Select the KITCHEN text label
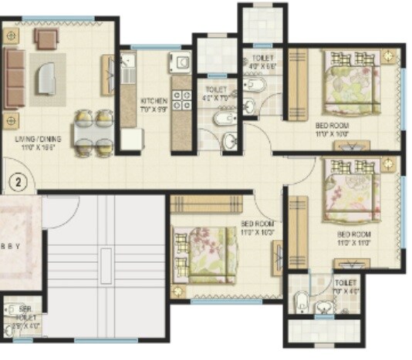(154, 103)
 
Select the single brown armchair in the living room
(47, 39)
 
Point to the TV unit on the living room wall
(107, 75)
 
